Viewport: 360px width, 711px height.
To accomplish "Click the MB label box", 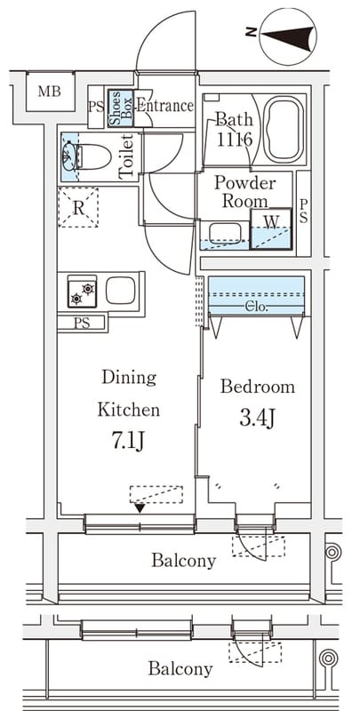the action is click(x=50, y=92).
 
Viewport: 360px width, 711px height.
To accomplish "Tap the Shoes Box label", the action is click(x=120, y=108).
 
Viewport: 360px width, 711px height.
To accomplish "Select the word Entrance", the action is click(x=165, y=106).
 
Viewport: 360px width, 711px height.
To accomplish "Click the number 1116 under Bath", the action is click(x=234, y=140).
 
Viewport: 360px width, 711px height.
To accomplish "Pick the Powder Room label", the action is click(x=244, y=191).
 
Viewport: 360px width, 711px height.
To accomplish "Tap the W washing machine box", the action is click(x=271, y=229).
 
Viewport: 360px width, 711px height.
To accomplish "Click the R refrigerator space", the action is click(x=78, y=207).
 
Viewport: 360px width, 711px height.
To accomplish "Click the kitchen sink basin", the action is click(x=121, y=291).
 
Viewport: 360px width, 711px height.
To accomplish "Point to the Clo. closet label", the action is click(x=257, y=308).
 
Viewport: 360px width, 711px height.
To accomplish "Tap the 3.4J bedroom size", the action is click(x=257, y=419).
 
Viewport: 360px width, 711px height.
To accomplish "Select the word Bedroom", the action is click(x=258, y=387).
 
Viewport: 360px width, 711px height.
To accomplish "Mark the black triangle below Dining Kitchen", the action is click(x=140, y=508).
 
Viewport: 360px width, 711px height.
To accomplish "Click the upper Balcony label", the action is click(x=184, y=561).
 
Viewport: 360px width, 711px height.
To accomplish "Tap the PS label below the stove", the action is click(x=82, y=324).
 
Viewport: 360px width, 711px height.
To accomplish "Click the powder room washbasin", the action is click(x=225, y=234).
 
